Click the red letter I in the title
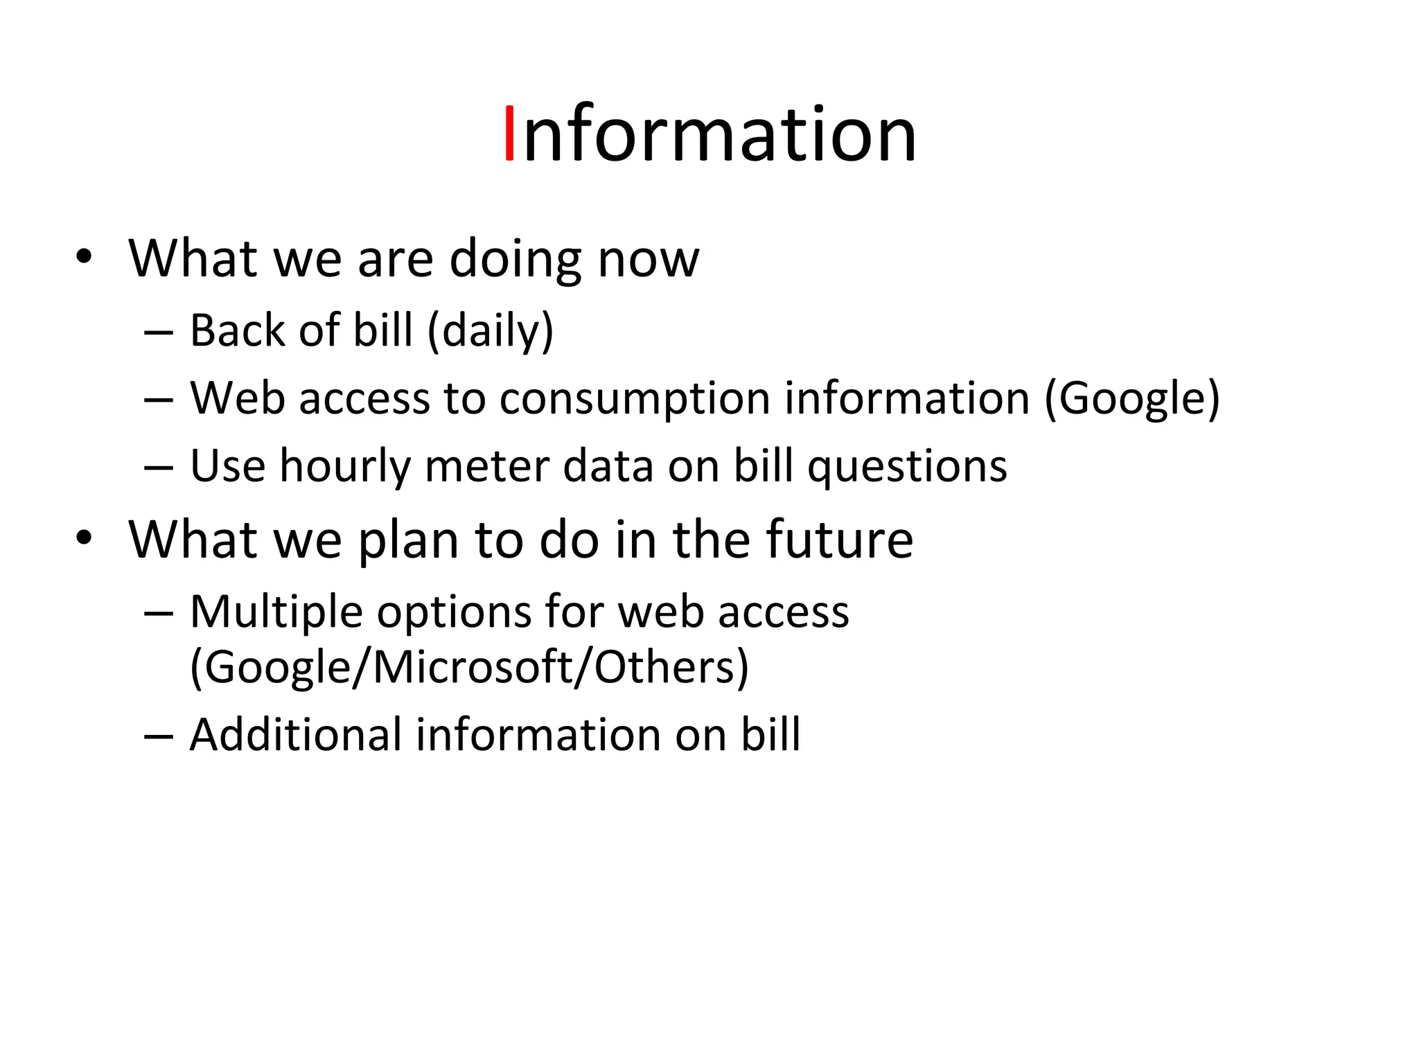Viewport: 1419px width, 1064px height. (509, 133)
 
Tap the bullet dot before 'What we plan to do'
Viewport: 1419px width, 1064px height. (84, 538)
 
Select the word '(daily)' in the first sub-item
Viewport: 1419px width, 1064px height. (491, 330)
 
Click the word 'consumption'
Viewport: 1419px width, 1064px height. (635, 399)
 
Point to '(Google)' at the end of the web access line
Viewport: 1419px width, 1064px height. (1131, 399)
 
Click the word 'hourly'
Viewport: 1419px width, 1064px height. (345, 466)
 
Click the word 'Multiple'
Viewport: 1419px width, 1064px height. (276, 612)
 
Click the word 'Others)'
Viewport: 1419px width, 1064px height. (671, 667)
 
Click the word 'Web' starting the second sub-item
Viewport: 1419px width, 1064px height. (237, 399)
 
